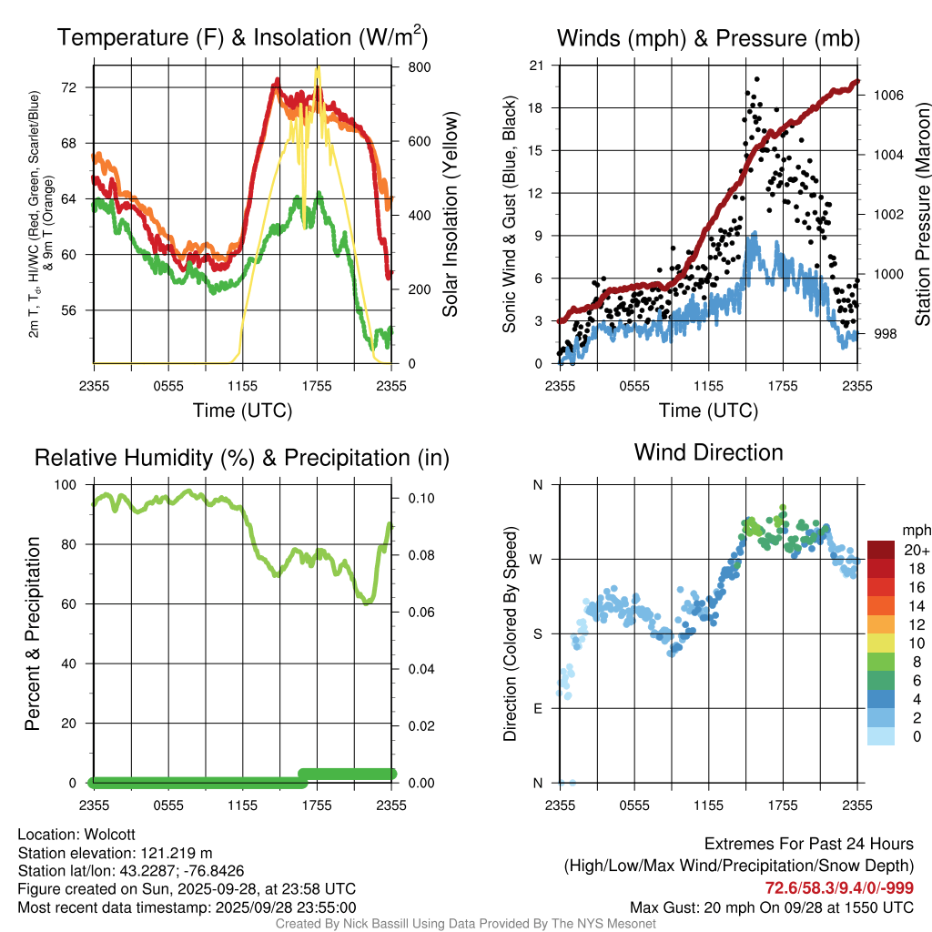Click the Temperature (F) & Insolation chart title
point(242,37)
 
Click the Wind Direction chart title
point(708,451)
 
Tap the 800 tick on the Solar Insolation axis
point(407,67)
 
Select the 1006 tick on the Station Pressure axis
point(887,95)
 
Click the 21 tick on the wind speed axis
point(536,65)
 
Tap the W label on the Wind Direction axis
point(537,559)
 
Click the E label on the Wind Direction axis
point(538,708)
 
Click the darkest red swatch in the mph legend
point(881,550)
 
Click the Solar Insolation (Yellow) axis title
point(450,214)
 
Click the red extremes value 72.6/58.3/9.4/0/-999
point(839,887)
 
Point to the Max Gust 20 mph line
point(772,907)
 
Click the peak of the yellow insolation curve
point(317,70)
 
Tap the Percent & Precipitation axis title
point(32,633)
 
